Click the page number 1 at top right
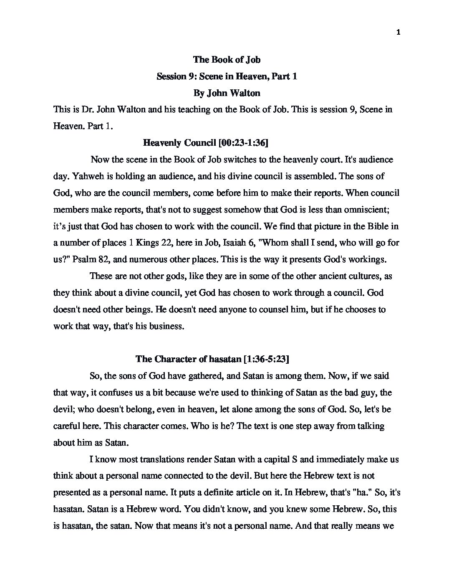click(x=398, y=33)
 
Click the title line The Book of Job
click(x=227, y=60)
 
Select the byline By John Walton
click(x=227, y=93)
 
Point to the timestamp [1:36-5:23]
click(x=266, y=359)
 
